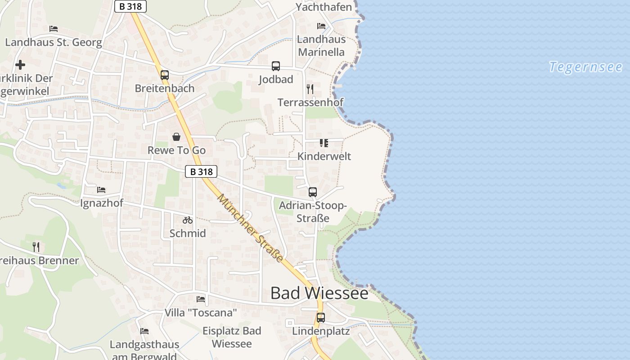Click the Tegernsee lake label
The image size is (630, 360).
pyautogui.click(x=585, y=67)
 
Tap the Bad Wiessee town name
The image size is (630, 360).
pyautogui.click(x=319, y=293)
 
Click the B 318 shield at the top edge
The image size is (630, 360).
pyautogui.click(x=130, y=6)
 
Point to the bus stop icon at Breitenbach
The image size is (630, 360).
pyautogui.click(x=165, y=75)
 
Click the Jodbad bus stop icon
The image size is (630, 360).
pyautogui.click(x=276, y=66)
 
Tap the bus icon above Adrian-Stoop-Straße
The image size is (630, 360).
pyautogui.click(x=313, y=192)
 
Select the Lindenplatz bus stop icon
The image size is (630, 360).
pyautogui.click(x=321, y=318)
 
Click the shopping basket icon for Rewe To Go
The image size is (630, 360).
pyautogui.click(x=176, y=136)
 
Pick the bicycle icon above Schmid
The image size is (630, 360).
pyautogui.click(x=188, y=220)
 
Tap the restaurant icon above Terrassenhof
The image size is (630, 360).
pyautogui.click(x=310, y=89)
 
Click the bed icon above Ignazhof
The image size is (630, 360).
pyautogui.click(x=101, y=190)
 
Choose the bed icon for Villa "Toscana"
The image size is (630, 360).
pyautogui.click(x=201, y=299)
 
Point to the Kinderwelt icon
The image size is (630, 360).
pyautogui.click(x=324, y=143)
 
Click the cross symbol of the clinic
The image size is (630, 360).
pyautogui.click(x=20, y=65)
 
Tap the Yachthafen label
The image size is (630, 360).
pyautogui.click(x=324, y=7)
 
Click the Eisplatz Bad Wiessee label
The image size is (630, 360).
pyautogui.click(x=232, y=337)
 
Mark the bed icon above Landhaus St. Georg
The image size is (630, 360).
pyautogui.click(x=54, y=29)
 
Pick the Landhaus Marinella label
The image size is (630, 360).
pyautogui.click(x=321, y=45)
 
